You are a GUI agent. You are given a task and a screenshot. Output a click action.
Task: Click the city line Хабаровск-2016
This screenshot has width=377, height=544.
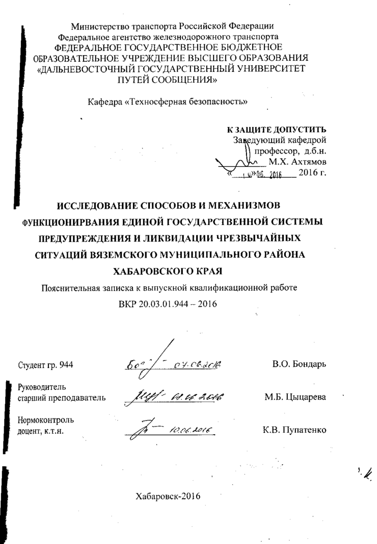tap(168, 497)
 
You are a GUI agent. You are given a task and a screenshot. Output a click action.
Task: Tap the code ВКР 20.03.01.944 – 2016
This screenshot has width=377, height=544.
tap(168, 304)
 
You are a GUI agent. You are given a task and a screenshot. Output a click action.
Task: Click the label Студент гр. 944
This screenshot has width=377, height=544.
tap(45, 365)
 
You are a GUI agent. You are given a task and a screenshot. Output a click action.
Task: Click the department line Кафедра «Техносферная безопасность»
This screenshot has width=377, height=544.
tap(168, 101)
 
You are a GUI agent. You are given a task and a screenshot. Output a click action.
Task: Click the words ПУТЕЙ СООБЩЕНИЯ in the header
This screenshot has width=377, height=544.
tap(168, 80)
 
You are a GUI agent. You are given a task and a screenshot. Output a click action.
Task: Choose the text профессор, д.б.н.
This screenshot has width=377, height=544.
tap(291, 151)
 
